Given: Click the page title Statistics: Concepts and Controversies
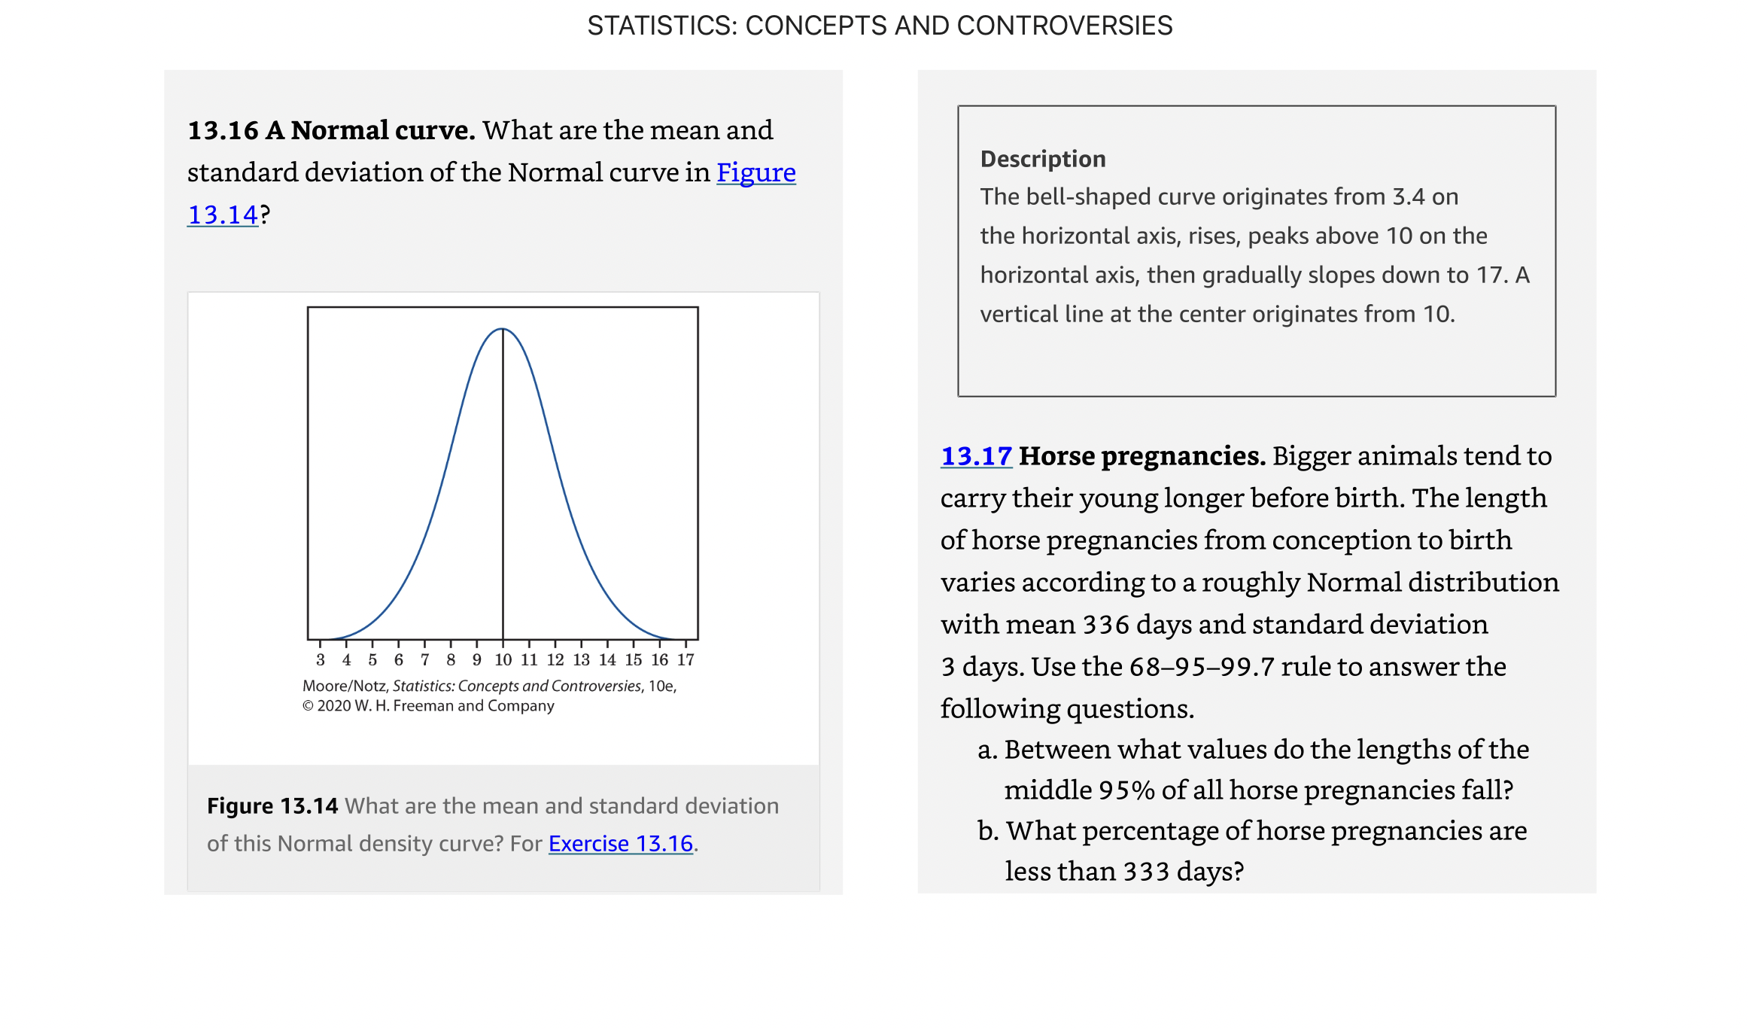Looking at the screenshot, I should [x=879, y=26].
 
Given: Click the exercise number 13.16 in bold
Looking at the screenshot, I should [x=223, y=130].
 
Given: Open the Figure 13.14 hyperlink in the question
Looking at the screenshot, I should [x=755, y=172].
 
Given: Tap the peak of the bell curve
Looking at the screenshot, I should [x=503, y=329].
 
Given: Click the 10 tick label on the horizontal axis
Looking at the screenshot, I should [x=503, y=660].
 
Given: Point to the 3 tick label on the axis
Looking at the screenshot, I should [x=321, y=660].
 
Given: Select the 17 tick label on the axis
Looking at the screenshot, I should [x=686, y=660].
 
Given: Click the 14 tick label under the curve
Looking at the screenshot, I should [x=607, y=660].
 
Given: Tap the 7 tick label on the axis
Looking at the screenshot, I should [x=424, y=660].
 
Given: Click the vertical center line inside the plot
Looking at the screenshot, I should [x=503, y=489].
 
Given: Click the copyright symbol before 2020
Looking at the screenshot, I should [x=308, y=706].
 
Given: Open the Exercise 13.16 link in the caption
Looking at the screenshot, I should [x=620, y=844].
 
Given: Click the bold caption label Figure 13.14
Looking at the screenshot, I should [x=272, y=806].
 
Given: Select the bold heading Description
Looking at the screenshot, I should [x=1043, y=159].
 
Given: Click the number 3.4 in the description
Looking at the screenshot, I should [x=1409, y=197].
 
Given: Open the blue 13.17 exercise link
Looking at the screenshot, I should [x=976, y=456].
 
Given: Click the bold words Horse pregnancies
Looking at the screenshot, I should [x=1142, y=456].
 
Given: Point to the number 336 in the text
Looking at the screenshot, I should [x=1105, y=625].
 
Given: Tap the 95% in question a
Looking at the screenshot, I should [x=1126, y=790].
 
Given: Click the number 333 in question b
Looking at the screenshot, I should [x=1147, y=872].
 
